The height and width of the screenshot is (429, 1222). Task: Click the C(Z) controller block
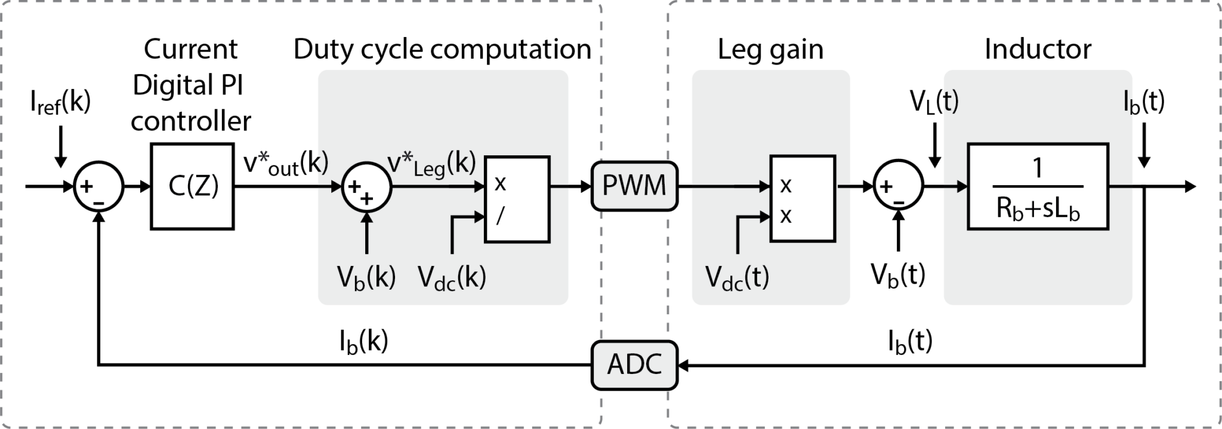pyautogui.click(x=192, y=186)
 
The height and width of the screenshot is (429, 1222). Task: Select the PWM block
pyautogui.click(x=634, y=186)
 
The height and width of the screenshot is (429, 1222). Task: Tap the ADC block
pyautogui.click(x=634, y=364)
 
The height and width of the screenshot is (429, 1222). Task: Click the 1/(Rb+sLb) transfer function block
pyautogui.click(x=1037, y=186)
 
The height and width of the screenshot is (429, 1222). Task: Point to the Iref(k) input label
pyautogui.click(x=60, y=102)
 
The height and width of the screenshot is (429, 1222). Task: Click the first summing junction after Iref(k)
pyautogui.click(x=98, y=186)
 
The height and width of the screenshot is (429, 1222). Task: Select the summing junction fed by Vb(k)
pyautogui.click(x=366, y=186)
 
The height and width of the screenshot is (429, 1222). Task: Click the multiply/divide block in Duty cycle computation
pyautogui.click(x=517, y=199)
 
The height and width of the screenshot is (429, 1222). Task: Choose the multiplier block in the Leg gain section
pyautogui.click(x=802, y=199)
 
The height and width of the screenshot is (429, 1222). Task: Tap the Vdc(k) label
pyautogui.click(x=452, y=278)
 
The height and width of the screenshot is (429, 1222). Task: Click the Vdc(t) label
pyautogui.click(x=737, y=278)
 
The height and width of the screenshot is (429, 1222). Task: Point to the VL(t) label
pyautogui.click(x=934, y=102)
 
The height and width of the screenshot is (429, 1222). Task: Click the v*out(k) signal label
pyautogui.click(x=286, y=164)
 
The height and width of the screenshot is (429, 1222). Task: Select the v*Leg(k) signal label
pyautogui.click(x=431, y=164)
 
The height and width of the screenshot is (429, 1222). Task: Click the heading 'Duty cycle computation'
pyautogui.click(x=442, y=49)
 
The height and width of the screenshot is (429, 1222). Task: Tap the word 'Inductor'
pyautogui.click(x=1038, y=49)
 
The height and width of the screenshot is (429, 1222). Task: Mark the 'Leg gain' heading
pyautogui.click(x=770, y=49)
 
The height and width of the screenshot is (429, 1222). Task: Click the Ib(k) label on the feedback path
pyautogui.click(x=363, y=342)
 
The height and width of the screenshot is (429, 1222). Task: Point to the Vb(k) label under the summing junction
pyautogui.click(x=366, y=278)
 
